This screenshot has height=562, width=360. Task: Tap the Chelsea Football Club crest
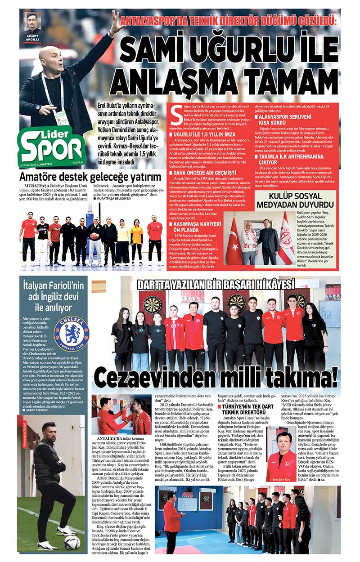click(x=71, y=334)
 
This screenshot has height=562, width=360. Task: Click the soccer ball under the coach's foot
click(x=72, y=543)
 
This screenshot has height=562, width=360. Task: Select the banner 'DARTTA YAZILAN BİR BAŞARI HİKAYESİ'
click(x=216, y=285)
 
